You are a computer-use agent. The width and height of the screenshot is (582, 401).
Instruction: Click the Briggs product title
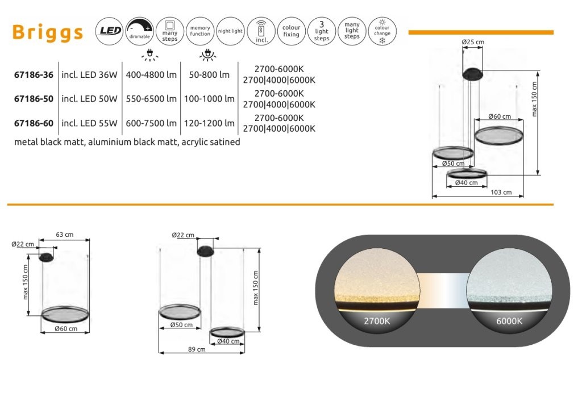(x=48, y=32)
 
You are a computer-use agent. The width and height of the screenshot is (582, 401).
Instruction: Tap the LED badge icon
(x=110, y=31)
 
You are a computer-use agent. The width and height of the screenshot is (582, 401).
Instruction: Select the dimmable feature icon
(x=140, y=31)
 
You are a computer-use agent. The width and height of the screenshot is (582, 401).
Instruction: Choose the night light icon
(x=230, y=31)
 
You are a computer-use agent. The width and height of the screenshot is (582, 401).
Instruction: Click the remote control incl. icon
(x=261, y=31)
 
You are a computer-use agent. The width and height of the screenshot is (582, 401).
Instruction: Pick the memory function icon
(x=200, y=31)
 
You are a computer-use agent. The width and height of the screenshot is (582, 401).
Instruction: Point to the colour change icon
(x=383, y=31)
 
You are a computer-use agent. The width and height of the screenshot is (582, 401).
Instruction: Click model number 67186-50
(x=34, y=99)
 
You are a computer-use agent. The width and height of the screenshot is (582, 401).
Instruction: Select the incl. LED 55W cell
(x=89, y=123)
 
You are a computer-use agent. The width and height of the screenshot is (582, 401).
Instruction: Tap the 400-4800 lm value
(x=151, y=75)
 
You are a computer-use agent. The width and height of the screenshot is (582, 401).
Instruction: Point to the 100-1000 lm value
(x=209, y=99)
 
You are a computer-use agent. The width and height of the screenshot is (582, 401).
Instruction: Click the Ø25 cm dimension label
(x=473, y=42)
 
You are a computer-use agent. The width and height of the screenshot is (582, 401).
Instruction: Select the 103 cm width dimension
(x=501, y=192)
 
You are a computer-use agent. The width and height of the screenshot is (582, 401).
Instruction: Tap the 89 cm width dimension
(x=197, y=349)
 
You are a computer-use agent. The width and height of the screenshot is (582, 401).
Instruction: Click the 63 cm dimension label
(x=65, y=235)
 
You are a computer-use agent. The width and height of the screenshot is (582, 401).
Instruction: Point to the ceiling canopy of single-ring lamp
(x=46, y=257)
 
